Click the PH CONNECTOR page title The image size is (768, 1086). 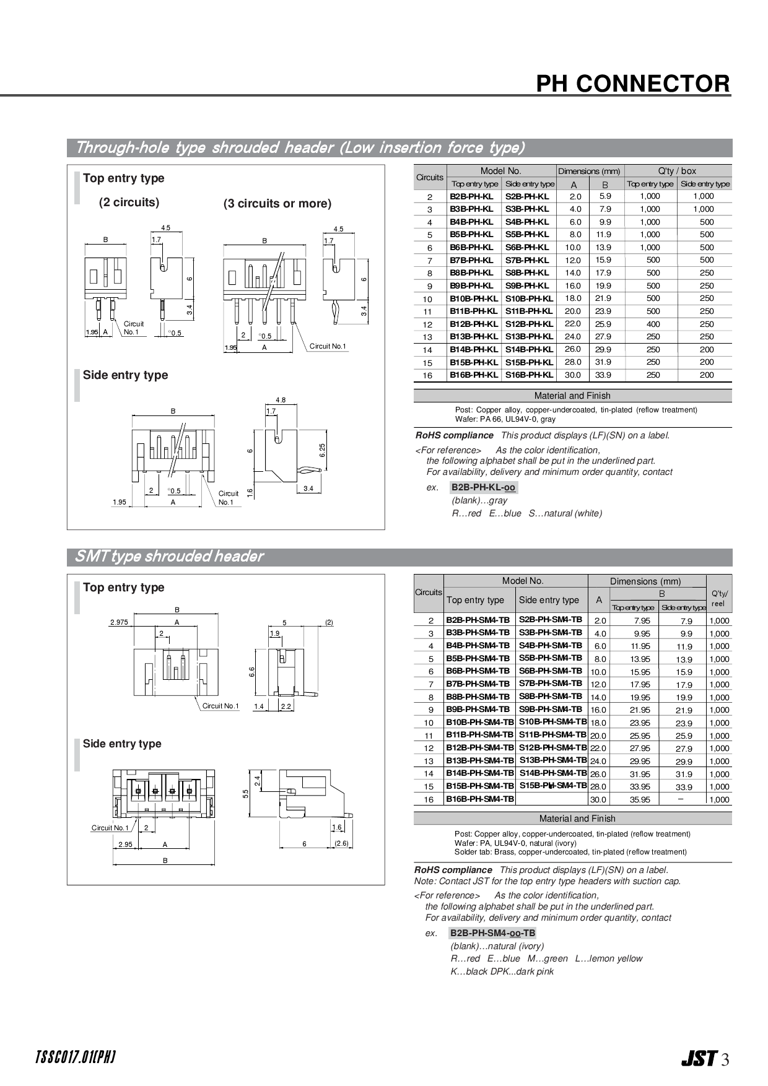[x=633, y=84]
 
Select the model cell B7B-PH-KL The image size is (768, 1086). [x=472, y=260]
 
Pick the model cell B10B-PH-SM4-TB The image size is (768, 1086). [x=479, y=723]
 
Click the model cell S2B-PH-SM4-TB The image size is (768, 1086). [x=550, y=620]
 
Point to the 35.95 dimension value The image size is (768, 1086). [x=640, y=799]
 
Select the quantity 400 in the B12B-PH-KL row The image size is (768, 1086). [x=653, y=324]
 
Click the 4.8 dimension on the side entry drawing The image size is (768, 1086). [x=281, y=400]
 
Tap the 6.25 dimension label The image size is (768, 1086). [x=323, y=450]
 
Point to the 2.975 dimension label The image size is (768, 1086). [x=119, y=622]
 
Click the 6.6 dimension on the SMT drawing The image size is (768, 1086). [x=252, y=671]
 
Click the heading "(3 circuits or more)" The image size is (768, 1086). [x=277, y=204]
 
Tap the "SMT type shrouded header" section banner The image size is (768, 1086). [x=168, y=557]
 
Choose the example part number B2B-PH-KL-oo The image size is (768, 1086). [x=483, y=487]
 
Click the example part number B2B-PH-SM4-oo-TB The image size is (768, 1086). [x=492, y=933]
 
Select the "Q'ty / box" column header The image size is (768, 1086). [x=678, y=171]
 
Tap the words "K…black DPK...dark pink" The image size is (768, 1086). [x=502, y=971]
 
